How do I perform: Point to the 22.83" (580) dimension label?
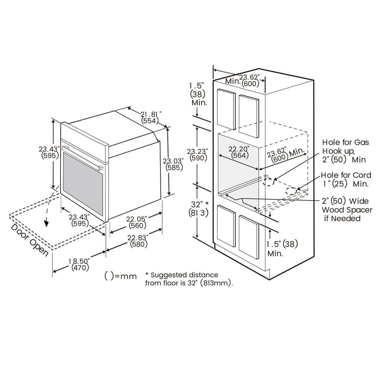[x=138, y=241]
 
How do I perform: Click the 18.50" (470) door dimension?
[x=80, y=264]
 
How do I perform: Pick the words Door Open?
[x=30, y=240]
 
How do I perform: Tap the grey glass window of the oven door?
[x=83, y=184]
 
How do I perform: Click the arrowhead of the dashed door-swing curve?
[x=47, y=224]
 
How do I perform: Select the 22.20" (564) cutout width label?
[x=239, y=152]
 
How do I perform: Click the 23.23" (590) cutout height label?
[x=198, y=155]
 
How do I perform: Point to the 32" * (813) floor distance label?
[x=199, y=209]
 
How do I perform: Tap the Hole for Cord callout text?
[x=346, y=179]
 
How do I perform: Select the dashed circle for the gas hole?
[x=269, y=182]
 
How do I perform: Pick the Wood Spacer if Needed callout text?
[x=347, y=210]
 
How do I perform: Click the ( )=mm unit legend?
[x=121, y=276]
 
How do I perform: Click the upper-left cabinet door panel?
[x=226, y=109]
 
